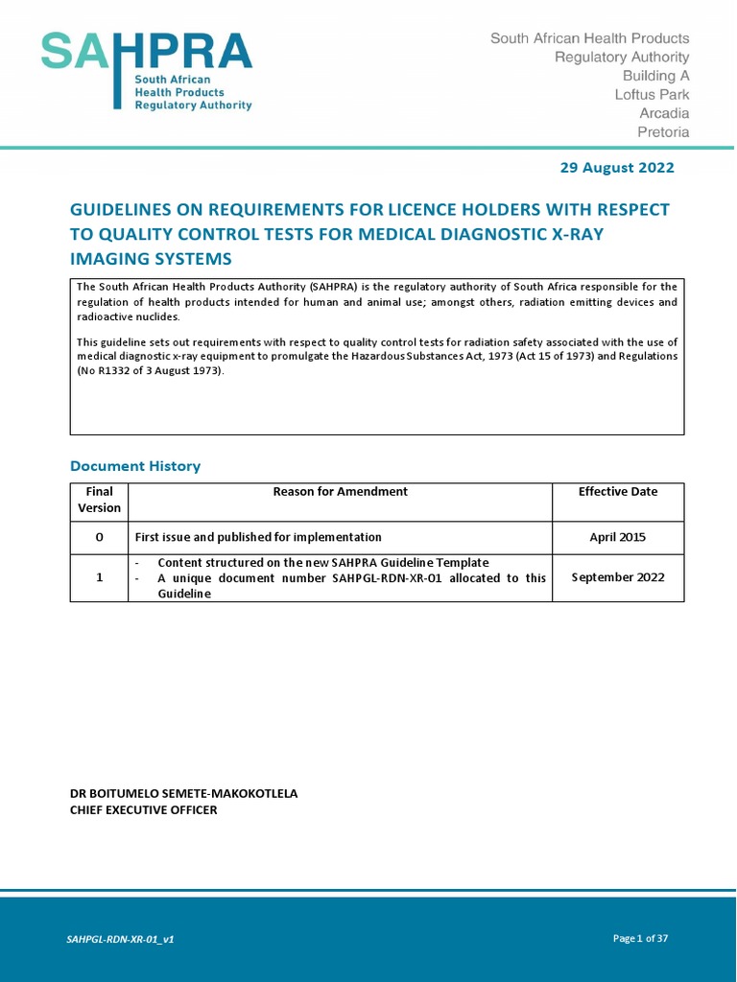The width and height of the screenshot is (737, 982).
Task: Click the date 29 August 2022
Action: (616, 168)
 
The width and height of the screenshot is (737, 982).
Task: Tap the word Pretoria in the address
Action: (663, 132)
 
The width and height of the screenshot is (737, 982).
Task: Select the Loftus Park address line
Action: (652, 95)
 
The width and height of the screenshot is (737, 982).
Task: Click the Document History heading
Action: (135, 466)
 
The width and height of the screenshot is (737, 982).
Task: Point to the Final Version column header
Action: (99, 500)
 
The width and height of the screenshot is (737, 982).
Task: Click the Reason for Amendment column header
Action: (340, 492)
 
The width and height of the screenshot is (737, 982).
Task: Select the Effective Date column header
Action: (617, 492)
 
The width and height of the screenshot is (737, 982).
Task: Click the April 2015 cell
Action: (617, 537)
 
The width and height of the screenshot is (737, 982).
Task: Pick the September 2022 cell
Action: (617, 577)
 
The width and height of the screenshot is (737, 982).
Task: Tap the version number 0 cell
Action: (99, 537)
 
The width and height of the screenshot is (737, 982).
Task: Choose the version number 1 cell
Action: (99, 577)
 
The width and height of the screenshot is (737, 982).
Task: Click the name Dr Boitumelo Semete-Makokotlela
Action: (184, 794)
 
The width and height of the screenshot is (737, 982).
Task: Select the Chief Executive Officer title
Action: (144, 810)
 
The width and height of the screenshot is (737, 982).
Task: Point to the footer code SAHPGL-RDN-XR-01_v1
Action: (120, 939)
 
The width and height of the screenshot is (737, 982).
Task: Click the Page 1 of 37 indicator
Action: (640, 938)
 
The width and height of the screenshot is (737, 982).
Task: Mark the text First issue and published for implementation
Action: (258, 537)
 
